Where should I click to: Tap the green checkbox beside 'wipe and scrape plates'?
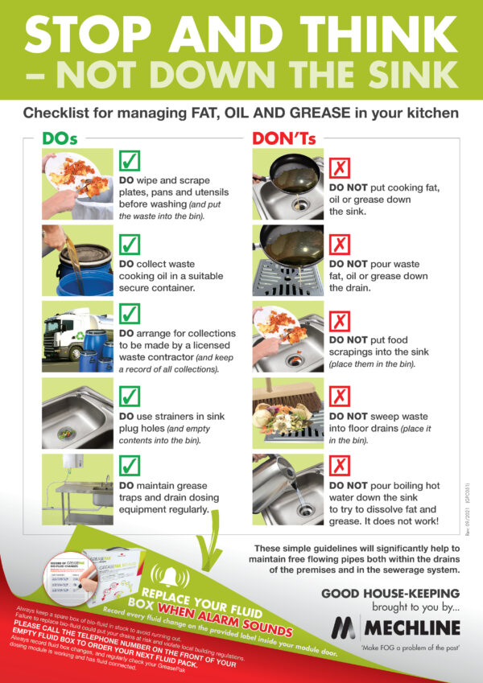tap(130, 163)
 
